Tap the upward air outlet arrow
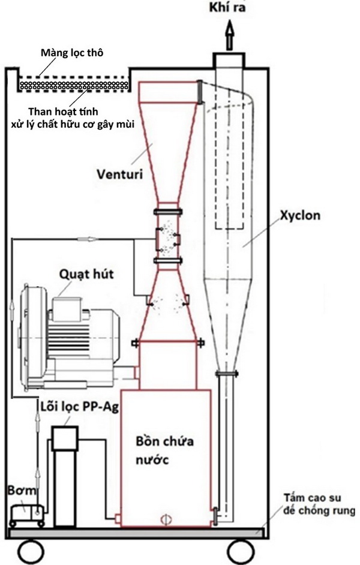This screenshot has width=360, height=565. tap(229, 35)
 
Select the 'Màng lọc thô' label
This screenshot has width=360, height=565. tap(72, 53)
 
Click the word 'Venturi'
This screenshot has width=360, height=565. tap(119, 174)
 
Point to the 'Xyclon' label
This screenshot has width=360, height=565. tap(300, 215)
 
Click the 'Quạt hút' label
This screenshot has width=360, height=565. tap(86, 275)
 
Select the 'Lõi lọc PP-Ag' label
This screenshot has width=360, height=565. tap(79, 407)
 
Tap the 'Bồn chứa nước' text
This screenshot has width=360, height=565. tap(164, 450)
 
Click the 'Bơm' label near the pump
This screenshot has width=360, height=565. tap(22, 491)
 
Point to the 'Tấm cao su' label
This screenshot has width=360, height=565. tap(312, 498)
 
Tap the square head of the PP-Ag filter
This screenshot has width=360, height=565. tap(65, 438)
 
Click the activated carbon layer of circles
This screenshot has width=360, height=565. tap(74, 85)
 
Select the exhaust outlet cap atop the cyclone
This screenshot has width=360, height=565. tap(229, 60)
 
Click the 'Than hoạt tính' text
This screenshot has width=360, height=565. tap(64, 112)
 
